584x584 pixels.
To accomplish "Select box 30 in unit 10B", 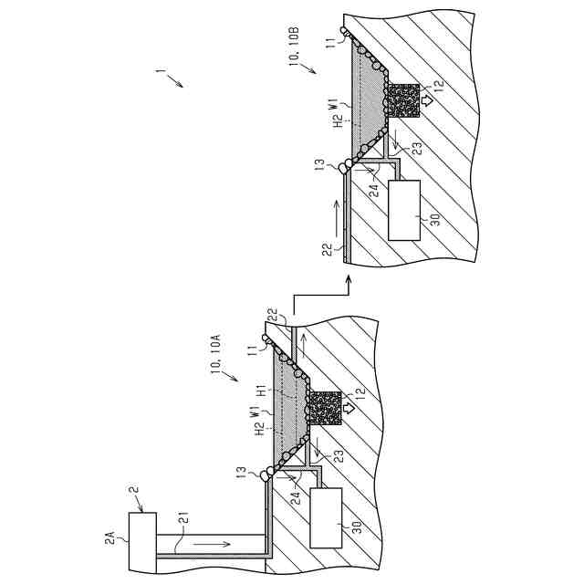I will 405,211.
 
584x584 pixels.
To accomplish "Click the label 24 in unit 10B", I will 373,192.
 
